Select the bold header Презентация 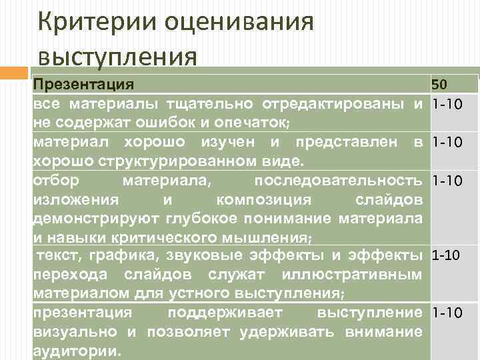pos(83,85)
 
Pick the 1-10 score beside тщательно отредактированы pos(447,105)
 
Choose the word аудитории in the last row pos(74,351)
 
